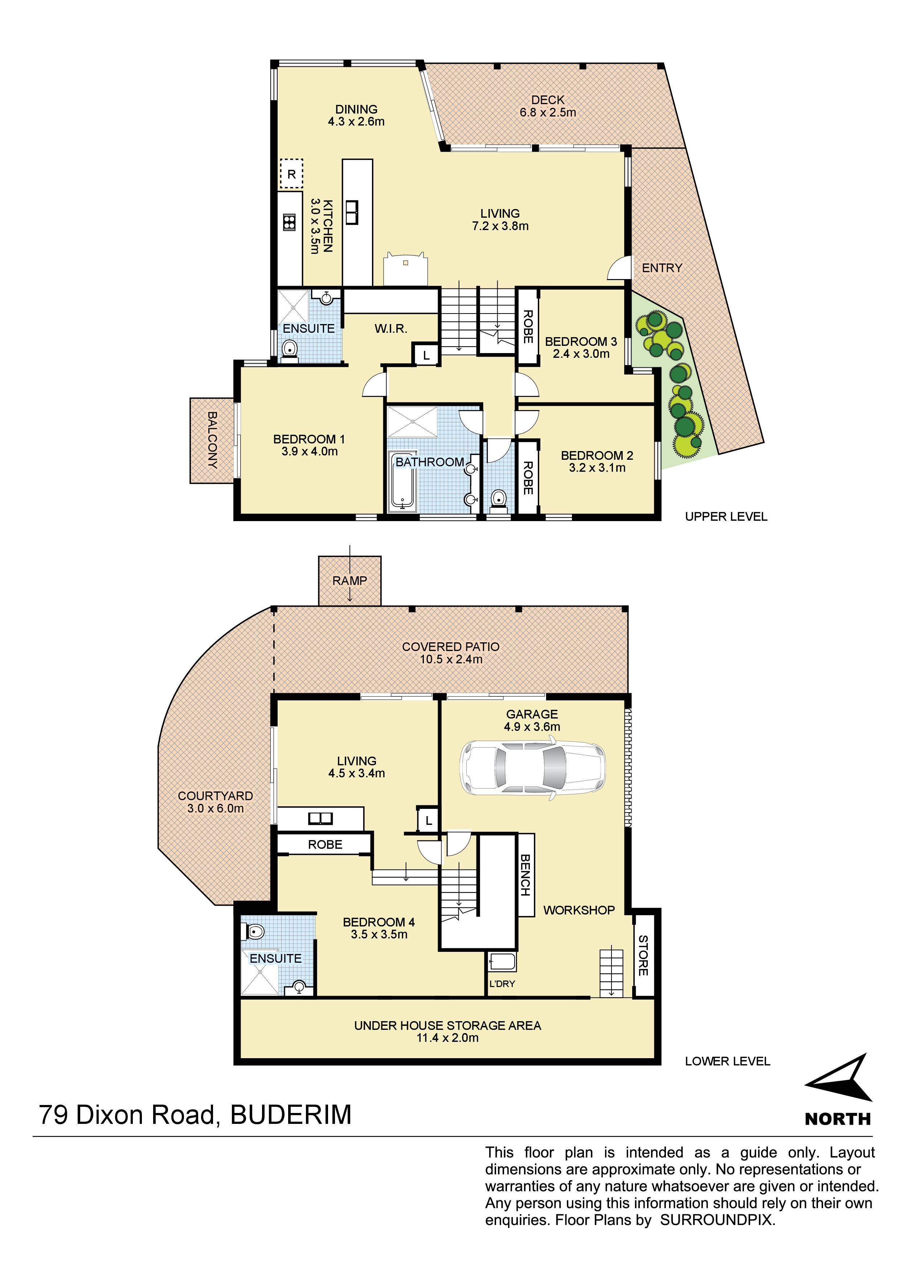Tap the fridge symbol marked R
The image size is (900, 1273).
click(291, 174)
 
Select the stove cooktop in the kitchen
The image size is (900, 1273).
click(289, 222)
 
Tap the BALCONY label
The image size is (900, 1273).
click(212, 440)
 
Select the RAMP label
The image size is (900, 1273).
click(349, 581)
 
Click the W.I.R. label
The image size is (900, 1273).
click(391, 329)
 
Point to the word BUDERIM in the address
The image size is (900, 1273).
click(291, 1126)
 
